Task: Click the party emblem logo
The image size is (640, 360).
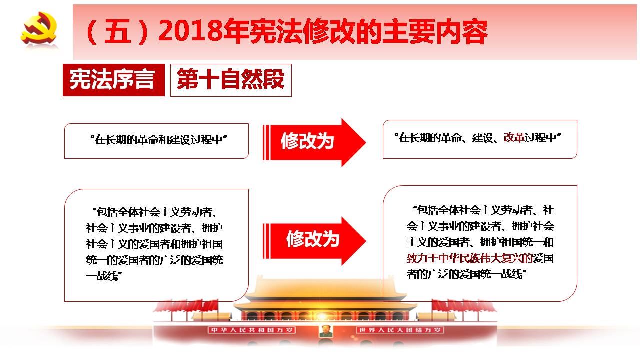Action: [39, 28]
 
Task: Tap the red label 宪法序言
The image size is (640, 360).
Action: [113, 80]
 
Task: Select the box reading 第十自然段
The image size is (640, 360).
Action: [231, 80]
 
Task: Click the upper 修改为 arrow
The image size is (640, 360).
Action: [314, 142]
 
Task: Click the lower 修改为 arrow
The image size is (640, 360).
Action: [314, 241]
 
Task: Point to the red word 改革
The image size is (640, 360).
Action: [513, 138]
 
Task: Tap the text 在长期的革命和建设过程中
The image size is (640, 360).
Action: [158, 140]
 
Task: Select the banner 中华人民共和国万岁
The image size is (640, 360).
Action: [251, 330]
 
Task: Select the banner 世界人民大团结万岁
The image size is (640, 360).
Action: [400, 330]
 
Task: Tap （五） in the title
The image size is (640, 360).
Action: [117, 31]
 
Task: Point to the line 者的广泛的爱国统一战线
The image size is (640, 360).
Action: [466, 274]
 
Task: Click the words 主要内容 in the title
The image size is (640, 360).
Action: [435, 31]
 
